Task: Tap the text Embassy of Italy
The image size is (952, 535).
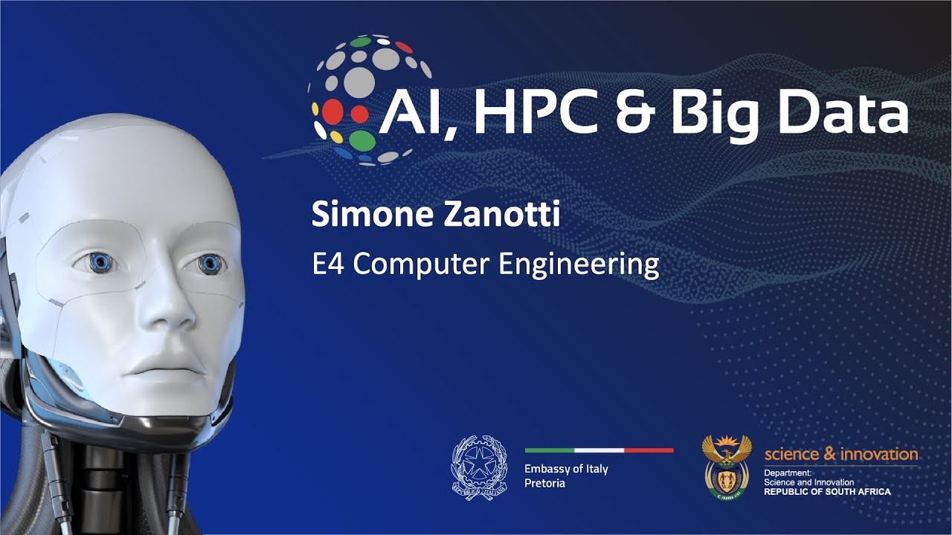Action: [566, 469]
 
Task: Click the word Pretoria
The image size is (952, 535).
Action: [544, 483]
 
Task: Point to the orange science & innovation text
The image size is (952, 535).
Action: [840, 453]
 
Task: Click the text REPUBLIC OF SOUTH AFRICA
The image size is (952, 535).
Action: [826, 492]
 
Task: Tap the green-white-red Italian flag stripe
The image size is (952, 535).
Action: [599, 450]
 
